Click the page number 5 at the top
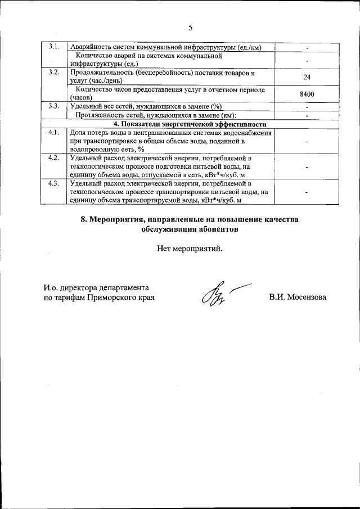[190, 27]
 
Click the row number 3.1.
[55, 46]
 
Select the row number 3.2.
[55, 73]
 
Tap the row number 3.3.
[55, 106]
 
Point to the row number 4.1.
[55, 133]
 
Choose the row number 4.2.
[55, 158]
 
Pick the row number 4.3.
[55, 183]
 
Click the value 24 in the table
[307, 77]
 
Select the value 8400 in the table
[307, 94]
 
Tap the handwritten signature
[220, 294]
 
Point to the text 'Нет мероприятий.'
[190, 249]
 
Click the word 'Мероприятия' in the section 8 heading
[116, 219]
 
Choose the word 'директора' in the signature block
[82, 287]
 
